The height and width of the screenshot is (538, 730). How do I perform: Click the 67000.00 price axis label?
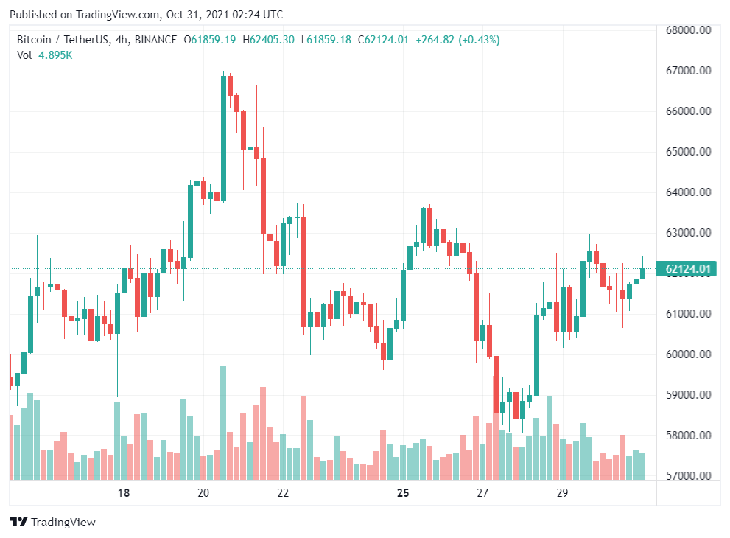[687, 71]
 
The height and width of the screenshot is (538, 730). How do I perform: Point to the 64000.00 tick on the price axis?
[687, 192]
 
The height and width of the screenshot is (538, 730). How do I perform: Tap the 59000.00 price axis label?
[687, 395]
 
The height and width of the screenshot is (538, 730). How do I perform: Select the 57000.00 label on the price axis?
[687, 476]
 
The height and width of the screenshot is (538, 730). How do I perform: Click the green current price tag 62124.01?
[687, 269]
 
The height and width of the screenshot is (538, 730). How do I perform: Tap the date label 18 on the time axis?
[124, 492]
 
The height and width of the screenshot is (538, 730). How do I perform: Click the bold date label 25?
[402, 492]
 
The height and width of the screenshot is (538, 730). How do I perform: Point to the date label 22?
[283, 492]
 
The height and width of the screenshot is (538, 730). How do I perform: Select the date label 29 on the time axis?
[562, 492]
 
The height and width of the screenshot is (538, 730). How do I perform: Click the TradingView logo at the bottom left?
[52, 523]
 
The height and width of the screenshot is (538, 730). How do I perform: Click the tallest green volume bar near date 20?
[222, 423]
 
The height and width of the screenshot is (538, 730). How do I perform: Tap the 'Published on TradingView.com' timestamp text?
[146, 15]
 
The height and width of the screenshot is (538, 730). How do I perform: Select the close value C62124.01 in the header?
[382, 40]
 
